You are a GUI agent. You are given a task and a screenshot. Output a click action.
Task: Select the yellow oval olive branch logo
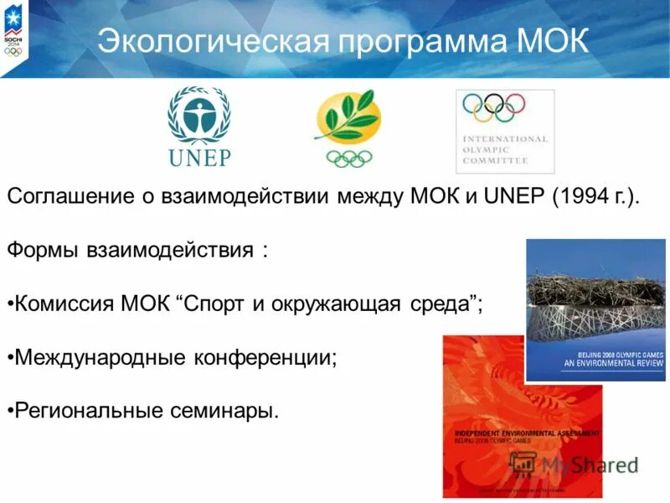tap(348, 118)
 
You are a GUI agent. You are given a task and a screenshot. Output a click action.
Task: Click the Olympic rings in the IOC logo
tap(494, 106)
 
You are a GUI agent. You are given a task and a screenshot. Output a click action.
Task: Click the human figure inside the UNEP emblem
tap(199, 114)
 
